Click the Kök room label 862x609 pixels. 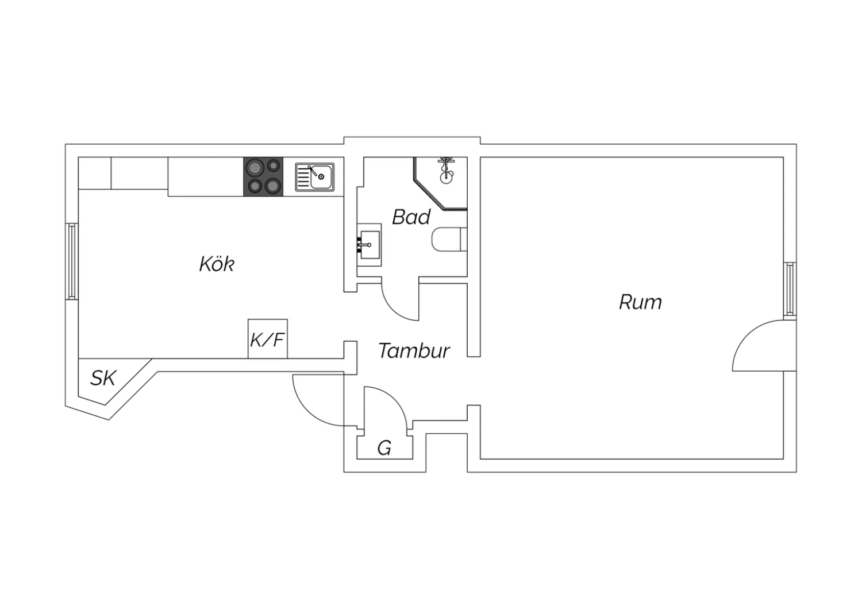217,264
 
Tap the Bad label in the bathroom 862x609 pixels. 411,217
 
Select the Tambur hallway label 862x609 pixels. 414,350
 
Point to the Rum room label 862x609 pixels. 640,302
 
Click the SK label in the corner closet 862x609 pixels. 103,378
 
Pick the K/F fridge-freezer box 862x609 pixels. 267,338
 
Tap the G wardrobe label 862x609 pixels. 384,448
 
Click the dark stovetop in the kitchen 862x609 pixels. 263,176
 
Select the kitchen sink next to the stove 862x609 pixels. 315,177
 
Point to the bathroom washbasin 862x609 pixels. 369,245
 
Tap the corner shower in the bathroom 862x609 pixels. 441,183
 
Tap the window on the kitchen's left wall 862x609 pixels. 72,261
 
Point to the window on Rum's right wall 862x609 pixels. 790,291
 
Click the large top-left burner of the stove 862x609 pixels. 253,167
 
